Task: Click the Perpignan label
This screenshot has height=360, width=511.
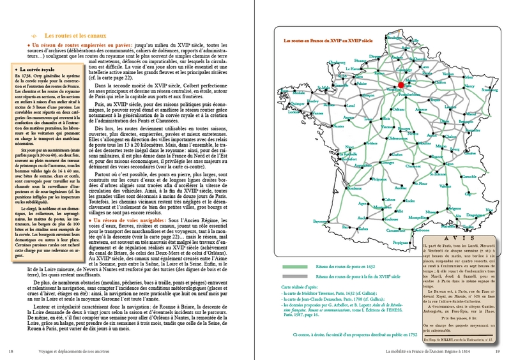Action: (401, 243)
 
